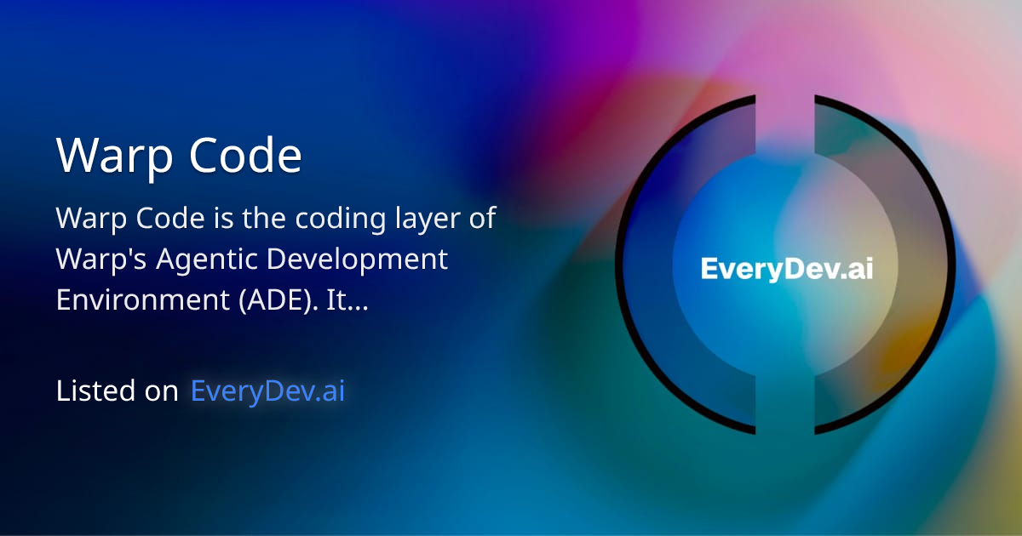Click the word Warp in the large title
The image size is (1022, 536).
(x=110, y=155)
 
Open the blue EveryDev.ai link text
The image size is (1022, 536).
(x=268, y=391)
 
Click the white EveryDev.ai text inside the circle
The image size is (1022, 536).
(x=786, y=269)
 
